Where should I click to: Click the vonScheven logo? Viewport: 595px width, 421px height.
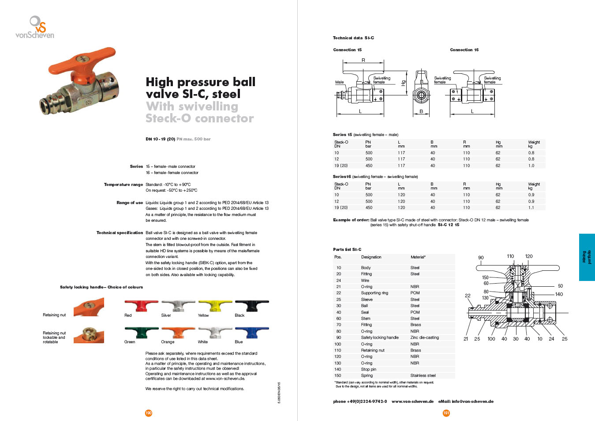pyautogui.click(x=35, y=27)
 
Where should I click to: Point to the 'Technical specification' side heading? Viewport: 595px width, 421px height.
pyautogui.click(x=120, y=233)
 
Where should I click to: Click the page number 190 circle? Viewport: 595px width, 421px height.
pyautogui.click(x=149, y=413)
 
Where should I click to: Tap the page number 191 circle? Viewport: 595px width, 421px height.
pyautogui.click(x=446, y=413)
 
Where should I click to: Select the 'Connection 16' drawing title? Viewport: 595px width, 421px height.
pyautogui.click(x=464, y=50)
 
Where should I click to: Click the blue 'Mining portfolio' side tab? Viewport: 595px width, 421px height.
pyautogui.click(x=587, y=257)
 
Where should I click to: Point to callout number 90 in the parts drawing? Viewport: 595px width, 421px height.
pyautogui.click(x=481, y=258)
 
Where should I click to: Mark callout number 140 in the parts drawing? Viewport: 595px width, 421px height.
pyautogui.click(x=559, y=294)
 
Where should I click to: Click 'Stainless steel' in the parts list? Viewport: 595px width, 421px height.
pyautogui.click(x=423, y=375)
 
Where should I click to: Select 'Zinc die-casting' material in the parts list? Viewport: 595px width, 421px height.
pyautogui.click(x=424, y=338)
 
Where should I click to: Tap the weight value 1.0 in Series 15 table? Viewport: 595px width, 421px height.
pyautogui.click(x=531, y=166)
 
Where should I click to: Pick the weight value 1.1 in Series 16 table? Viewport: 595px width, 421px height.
pyautogui.click(x=531, y=208)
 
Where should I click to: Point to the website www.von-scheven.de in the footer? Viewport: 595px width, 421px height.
pyautogui.click(x=412, y=402)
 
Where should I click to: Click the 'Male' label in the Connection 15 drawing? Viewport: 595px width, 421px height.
pyautogui.click(x=339, y=82)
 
